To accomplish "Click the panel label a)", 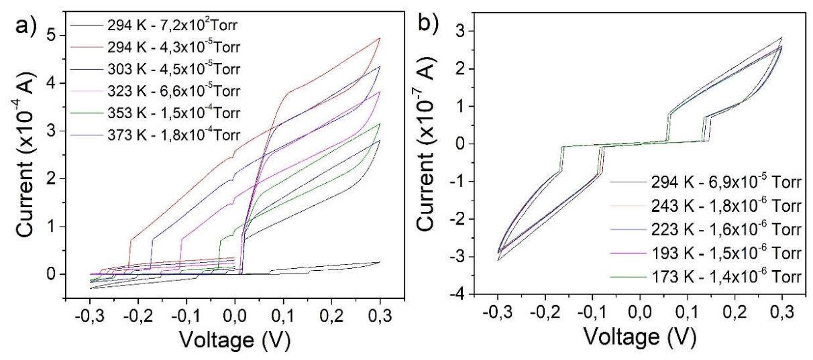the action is pos(25,25).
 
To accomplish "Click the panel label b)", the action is pos(428,23).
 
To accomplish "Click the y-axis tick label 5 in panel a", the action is pos(52,36).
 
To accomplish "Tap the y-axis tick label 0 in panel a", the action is pos(52,274).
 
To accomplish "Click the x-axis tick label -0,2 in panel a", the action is pos(138,315).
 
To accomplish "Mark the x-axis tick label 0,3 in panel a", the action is pos(380,315).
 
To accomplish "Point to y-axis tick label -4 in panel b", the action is pos(457,294).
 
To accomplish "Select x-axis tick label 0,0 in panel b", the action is pos(640,312).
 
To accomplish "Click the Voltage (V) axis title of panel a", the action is pos(235,340).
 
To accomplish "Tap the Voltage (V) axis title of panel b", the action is pos(640,336).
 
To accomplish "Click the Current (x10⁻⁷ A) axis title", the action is pos(426,143).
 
